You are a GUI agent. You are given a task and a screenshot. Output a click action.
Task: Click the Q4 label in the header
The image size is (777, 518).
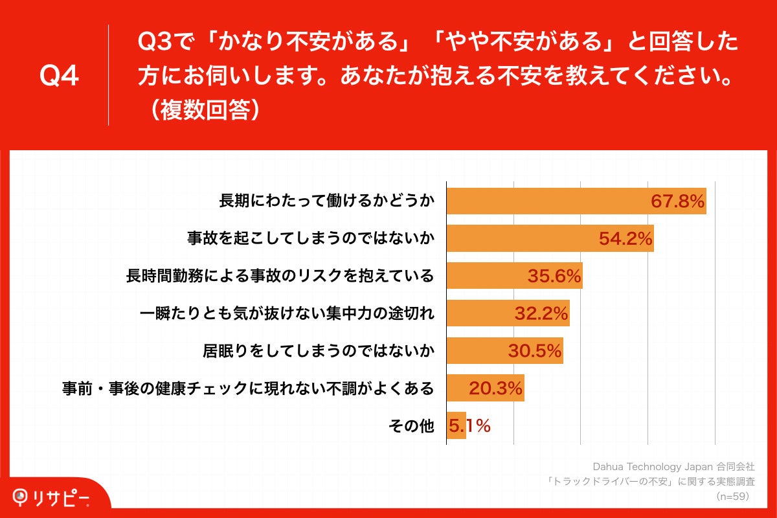click(59, 76)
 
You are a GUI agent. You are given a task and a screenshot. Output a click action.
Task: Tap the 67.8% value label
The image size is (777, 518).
click(677, 202)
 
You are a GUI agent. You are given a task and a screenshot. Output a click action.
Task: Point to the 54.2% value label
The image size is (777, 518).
click(625, 240)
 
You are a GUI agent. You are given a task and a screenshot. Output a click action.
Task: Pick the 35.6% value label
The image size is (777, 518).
click(554, 276)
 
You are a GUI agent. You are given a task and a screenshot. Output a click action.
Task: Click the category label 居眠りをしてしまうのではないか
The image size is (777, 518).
click(318, 352)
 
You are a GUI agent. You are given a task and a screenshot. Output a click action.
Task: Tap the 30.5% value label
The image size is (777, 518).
click(534, 352)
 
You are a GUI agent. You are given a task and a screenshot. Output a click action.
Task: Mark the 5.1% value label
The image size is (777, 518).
click(470, 426)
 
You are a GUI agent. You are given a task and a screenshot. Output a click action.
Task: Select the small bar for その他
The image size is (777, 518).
click(456, 426)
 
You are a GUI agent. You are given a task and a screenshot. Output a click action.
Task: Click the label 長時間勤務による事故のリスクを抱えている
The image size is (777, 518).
click(280, 276)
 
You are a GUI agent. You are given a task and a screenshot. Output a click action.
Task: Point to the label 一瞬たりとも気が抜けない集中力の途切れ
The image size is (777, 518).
click(287, 314)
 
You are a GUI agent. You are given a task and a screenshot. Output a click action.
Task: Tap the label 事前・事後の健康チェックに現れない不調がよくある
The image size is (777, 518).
click(247, 389)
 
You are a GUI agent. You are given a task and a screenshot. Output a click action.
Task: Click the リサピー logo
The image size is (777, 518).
click(52, 497)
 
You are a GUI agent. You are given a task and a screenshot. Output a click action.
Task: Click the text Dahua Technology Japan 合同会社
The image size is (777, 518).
click(673, 466)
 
